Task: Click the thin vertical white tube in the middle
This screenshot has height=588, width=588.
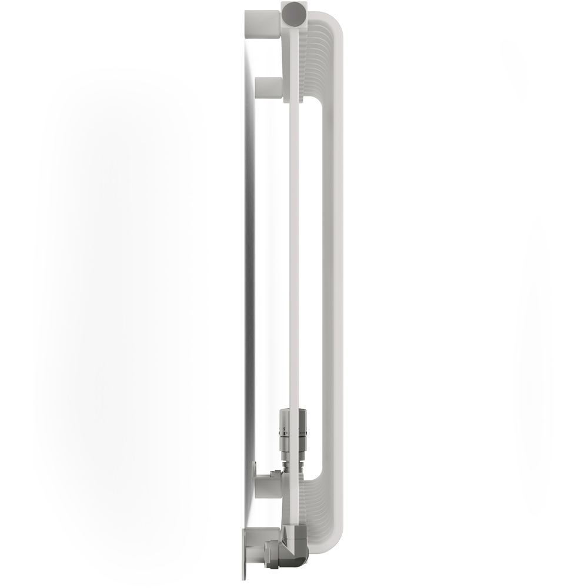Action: pos(295,235)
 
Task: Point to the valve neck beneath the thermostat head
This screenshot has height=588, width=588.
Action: pos(292,456)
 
